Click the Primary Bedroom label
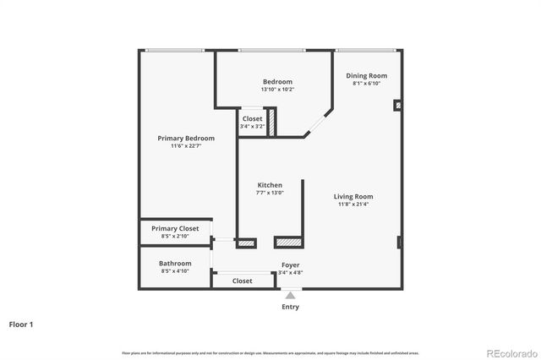pos(186,138)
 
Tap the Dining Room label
pos(367,75)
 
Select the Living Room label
pos(353,196)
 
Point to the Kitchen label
pos(270,185)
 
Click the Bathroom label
pos(175,263)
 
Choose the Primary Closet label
pos(175,228)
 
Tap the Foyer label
pos(290,265)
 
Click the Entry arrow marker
pos(290,295)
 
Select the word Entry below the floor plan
pos(290,307)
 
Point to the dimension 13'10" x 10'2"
pos(277,89)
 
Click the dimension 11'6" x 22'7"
pos(186,145)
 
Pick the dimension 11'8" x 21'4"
pos(353,204)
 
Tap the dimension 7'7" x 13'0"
pos(270,193)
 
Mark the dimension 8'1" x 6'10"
pos(367,83)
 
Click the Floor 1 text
pos(21,324)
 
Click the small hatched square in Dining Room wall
pos(396,106)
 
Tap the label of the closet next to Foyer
pos(243,281)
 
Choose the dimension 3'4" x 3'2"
pos(252,127)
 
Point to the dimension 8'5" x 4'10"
pos(175,270)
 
